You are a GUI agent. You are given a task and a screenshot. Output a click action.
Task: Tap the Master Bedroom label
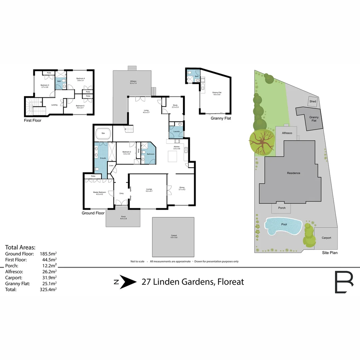coord(99,193)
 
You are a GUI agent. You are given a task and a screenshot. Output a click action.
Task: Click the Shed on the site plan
coord(312,101)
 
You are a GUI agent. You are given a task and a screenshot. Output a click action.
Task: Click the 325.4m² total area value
coord(48,290)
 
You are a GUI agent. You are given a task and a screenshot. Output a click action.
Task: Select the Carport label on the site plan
coord(326,238)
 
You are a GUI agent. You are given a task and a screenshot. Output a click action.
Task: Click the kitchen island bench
coord(172,156)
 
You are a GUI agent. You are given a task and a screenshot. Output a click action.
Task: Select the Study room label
coord(175,106)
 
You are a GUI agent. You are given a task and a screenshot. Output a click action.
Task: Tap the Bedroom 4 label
coord(80,79)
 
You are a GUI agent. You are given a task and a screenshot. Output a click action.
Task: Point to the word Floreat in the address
coord(230,282)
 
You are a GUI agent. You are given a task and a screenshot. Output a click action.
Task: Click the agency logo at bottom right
coord(344,282)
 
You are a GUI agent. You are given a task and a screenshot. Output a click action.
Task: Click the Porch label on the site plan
coord(282,208)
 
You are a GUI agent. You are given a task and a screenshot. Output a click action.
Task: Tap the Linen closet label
coord(111,165)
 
